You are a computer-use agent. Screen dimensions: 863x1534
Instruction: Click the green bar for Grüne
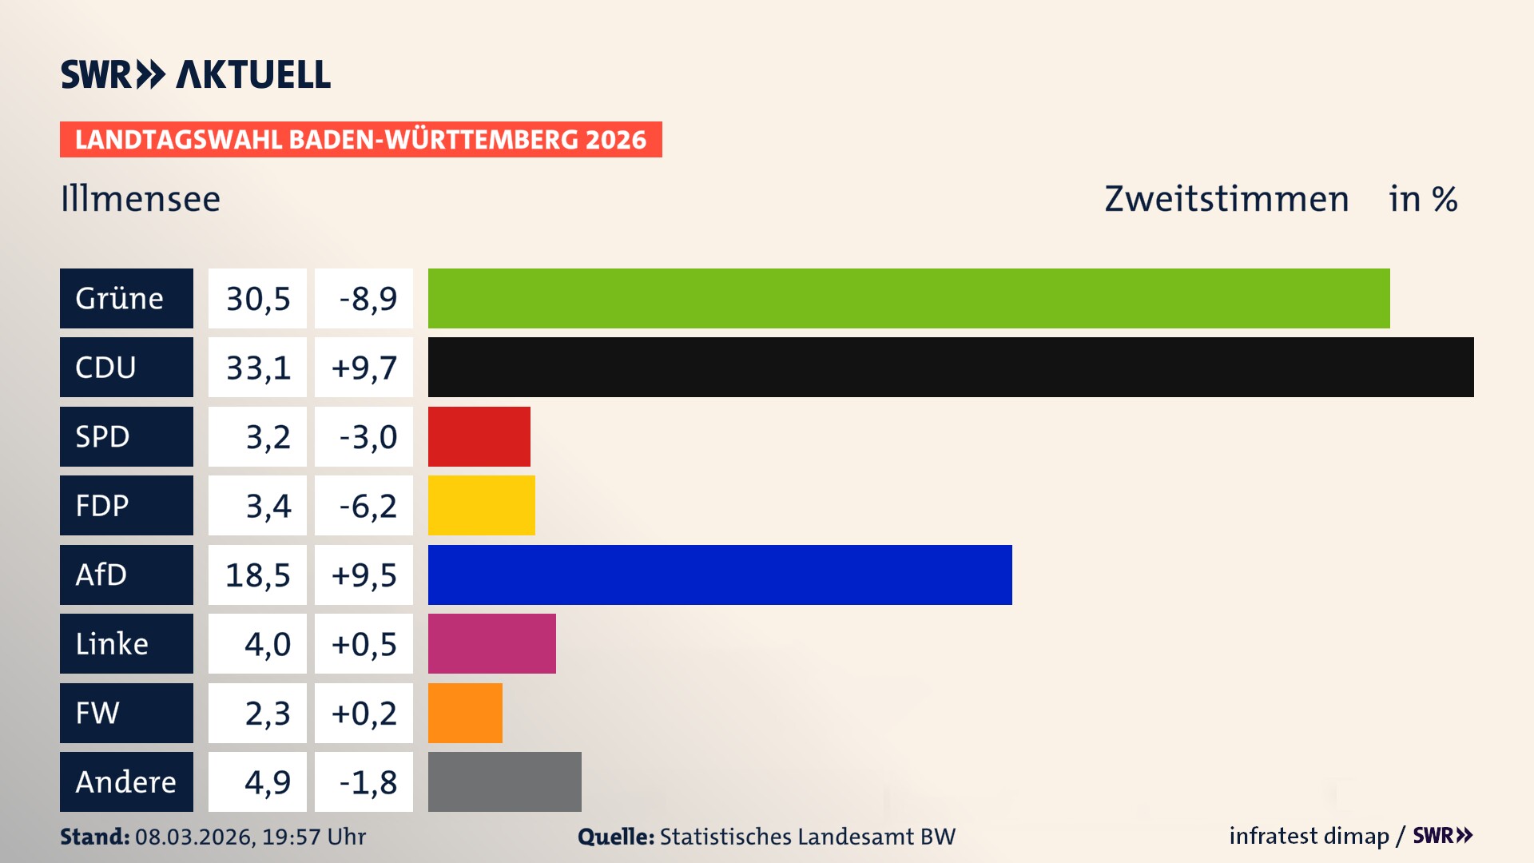pyautogui.click(x=908, y=298)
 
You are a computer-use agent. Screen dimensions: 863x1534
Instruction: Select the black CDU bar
pyautogui.click(x=951, y=367)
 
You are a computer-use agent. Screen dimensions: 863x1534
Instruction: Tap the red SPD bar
pyautogui.click(x=479, y=436)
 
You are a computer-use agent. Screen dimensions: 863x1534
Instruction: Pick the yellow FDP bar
pyautogui.click(x=481, y=505)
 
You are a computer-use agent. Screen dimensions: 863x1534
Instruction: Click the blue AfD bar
pyautogui.click(x=719, y=575)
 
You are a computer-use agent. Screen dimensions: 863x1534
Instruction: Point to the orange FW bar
pyautogui.click(x=465, y=713)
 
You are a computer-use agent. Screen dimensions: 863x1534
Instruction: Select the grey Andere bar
pyautogui.click(x=504, y=781)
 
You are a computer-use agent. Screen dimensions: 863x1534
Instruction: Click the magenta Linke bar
pyautogui.click(x=491, y=643)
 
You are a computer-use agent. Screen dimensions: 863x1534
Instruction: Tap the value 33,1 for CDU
pyautogui.click(x=257, y=368)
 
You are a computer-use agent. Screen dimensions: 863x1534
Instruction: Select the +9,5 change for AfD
pyautogui.click(x=364, y=575)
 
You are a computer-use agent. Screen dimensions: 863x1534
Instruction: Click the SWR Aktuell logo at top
pyautogui.click(x=195, y=74)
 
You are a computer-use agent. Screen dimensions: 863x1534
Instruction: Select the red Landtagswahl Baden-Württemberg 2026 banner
pyautogui.click(x=360, y=139)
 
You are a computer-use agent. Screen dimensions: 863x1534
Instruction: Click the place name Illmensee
pyautogui.click(x=140, y=199)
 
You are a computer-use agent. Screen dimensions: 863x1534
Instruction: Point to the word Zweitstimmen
pyautogui.click(x=1226, y=199)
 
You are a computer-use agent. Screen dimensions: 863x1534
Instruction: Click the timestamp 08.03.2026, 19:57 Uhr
pyautogui.click(x=250, y=837)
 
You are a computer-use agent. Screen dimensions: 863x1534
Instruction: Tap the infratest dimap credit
pyautogui.click(x=1308, y=836)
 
